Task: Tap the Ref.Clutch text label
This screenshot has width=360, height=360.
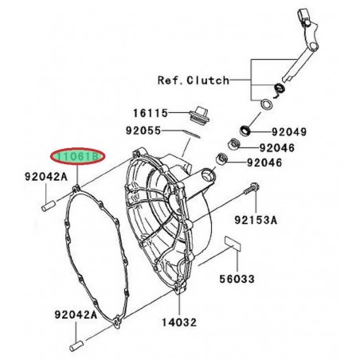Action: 194,80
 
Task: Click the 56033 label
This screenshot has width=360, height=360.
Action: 237,280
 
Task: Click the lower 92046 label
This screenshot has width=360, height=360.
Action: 265,163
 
